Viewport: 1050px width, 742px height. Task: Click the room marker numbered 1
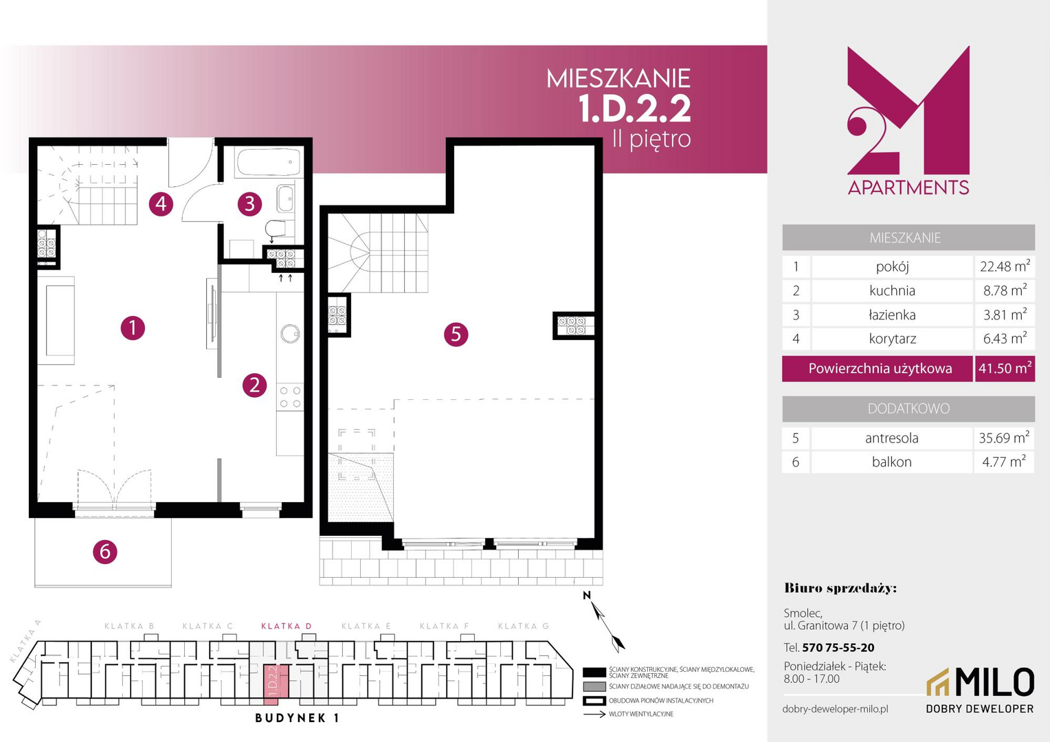(133, 328)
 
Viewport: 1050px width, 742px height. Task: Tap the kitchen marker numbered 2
(254, 385)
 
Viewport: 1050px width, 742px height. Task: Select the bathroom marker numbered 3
(249, 204)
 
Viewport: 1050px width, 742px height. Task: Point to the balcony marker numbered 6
(104, 551)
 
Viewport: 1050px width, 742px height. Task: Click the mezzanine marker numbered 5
(456, 334)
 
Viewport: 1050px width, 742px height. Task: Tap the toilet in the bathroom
(276, 229)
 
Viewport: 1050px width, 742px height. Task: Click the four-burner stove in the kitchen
(290, 397)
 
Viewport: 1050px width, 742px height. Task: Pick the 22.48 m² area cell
(1005, 267)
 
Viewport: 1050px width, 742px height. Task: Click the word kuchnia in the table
(892, 291)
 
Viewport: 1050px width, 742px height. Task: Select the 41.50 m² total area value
(1005, 368)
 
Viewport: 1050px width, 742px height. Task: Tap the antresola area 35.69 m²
(1004, 438)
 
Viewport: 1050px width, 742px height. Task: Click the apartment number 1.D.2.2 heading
(634, 109)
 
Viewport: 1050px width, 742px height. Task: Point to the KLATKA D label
(287, 626)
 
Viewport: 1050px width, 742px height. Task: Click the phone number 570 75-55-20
(838, 648)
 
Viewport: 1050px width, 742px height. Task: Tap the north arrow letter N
(586, 596)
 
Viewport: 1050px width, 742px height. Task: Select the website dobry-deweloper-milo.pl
(836, 709)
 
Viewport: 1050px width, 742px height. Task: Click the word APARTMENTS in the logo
(908, 188)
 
